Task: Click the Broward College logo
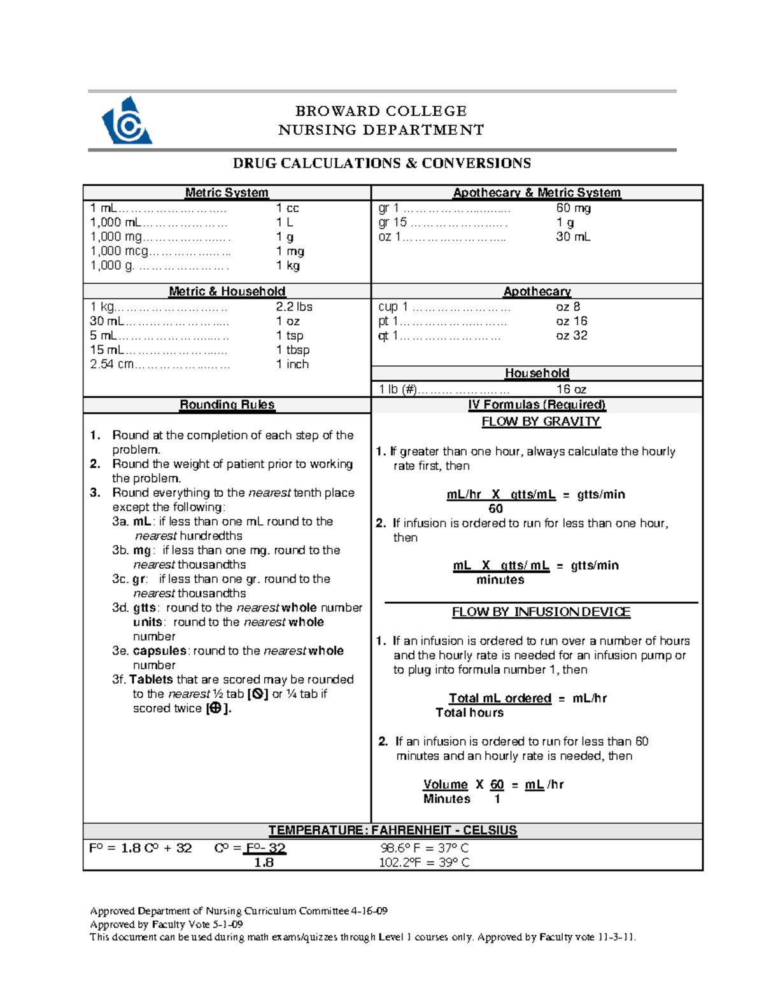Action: pyautogui.click(x=127, y=122)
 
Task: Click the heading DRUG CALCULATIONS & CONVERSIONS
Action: pyautogui.click(x=381, y=164)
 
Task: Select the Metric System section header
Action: pyautogui.click(x=227, y=193)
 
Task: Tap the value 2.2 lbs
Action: pyautogui.click(x=294, y=307)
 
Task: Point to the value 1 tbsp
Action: pyautogui.click(x=293, y=350)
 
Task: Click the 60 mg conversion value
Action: pyautogui.click(x=573, y=208)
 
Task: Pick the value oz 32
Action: pyautogui.click(x=571, y=335)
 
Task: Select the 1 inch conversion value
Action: pyautogui.click(x=292, y=365)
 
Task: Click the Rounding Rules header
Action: pyautogui.click(x=227, y=405)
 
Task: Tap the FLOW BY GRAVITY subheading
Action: pyautogui.click(x=541, y=422)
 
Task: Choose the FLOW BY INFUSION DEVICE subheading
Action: pyautogui.click(x=541, y=612)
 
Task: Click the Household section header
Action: pyautogui.click(x=537, y=373)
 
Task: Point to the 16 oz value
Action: pyautogui.click(x=571, y=389)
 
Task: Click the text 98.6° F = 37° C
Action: pyautogui.click(x=424, y=848)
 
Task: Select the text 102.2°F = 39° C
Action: pyautogui.click(x=424, y=863)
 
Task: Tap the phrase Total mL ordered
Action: pyautogui.click(x=500, y=699)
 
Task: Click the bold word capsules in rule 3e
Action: pyautogui.click(x=159, y=651)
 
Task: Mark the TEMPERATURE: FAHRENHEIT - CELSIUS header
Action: pyautogui.click(x=392, y=831)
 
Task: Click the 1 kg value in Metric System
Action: pyautogui.click(x=288, y=266)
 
